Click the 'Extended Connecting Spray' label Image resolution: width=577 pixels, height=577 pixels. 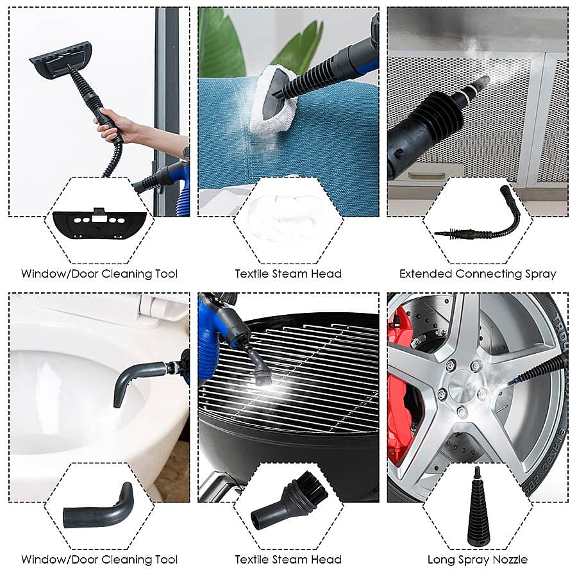[x=478, y=274]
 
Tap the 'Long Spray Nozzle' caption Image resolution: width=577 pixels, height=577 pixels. [x=478, y=560]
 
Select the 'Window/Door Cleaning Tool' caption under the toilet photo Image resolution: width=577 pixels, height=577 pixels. [x=99, y=560]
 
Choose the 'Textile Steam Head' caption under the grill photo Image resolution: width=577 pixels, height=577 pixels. [x=288, y=560]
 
